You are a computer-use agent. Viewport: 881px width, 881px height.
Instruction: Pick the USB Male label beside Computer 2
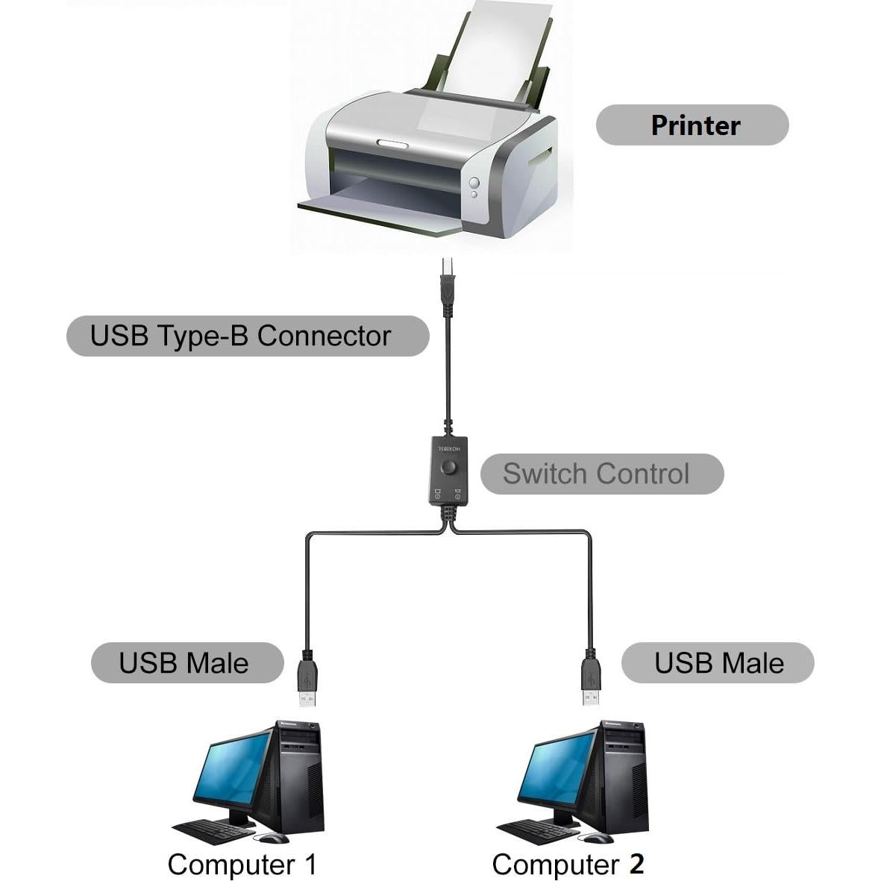pos(718,662)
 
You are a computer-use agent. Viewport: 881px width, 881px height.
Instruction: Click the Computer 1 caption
pos(242,864)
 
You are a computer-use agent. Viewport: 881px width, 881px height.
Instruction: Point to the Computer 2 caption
pos(568,864)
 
